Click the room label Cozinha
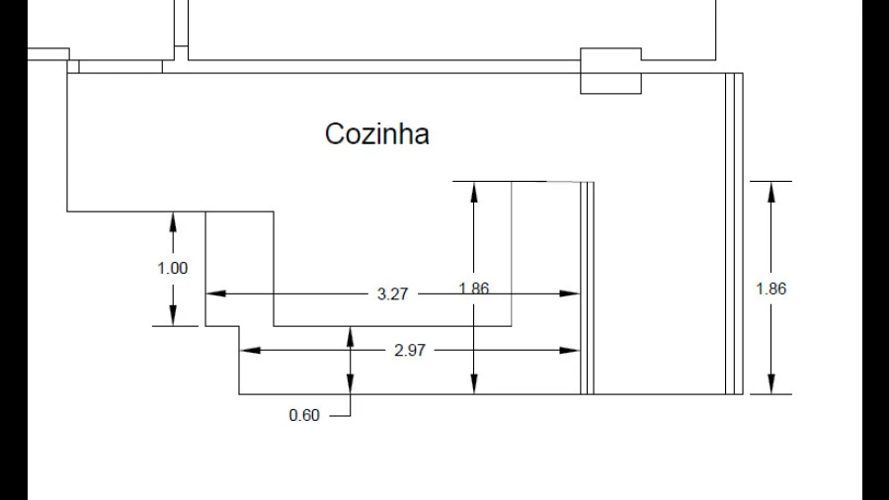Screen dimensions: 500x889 pyautogui.click(x=376, y=133)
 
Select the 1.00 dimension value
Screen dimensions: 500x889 pyautogui.click(x=172, y=268)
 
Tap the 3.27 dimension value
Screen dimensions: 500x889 pyautogui.click(x=393, y=294)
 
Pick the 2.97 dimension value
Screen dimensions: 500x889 pyautogui.click(x=409, y=350)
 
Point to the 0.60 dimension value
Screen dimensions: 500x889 pyautogui.click(x=304, y=416)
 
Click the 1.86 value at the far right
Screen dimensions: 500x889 pyautogui.click(x=770, y=290)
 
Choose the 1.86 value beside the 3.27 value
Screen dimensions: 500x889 pyautogui.click(x=474, y=289)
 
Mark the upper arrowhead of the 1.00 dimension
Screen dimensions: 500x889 pyautogui.click(x=173, y=221)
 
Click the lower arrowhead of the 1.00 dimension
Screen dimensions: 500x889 pyautogui.click(x=173, y=315)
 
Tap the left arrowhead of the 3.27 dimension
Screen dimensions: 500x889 pyautogui.click(x=215, y=293)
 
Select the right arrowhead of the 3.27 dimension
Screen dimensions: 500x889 pyautogui.click(x=569, y=293)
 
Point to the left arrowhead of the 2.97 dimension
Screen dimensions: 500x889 pyautogui.click(x=251, y=350)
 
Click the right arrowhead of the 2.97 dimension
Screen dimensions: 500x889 pyautogui.click(x=569, y=350)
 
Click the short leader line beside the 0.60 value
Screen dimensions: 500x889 pyautogui.click(x=340, y=416)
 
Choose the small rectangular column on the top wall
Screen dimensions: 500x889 pyautogui.click(x=610, y=70)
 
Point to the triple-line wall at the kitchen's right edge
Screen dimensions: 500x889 pyautogui.click(x=734, y=232)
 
